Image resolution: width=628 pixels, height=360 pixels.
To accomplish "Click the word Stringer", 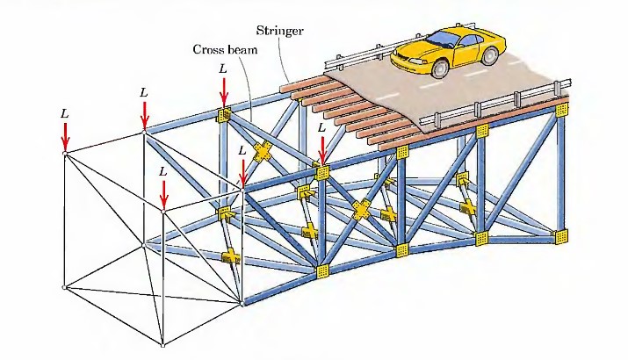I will (x=280, y=31).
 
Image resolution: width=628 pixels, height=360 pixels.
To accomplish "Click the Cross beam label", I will (x=225, y=49).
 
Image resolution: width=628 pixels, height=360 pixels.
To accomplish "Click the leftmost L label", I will (x=64, y=113).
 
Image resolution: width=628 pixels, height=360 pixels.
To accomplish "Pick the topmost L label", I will (x=223, y=68).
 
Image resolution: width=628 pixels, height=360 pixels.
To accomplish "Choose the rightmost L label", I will (x=321, y=127).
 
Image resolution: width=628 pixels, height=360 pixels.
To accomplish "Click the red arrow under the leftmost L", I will (x=64, y=136).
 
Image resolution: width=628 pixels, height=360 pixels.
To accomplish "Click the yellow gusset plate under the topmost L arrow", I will (x=224, y=114).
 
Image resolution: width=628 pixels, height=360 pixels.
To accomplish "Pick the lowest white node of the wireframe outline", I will (x=163, y=342).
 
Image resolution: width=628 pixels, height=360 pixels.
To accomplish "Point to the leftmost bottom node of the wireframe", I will (x=64, y=287).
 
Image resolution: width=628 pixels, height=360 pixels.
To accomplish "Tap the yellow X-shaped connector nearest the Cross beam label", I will (x=261, y=150).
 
